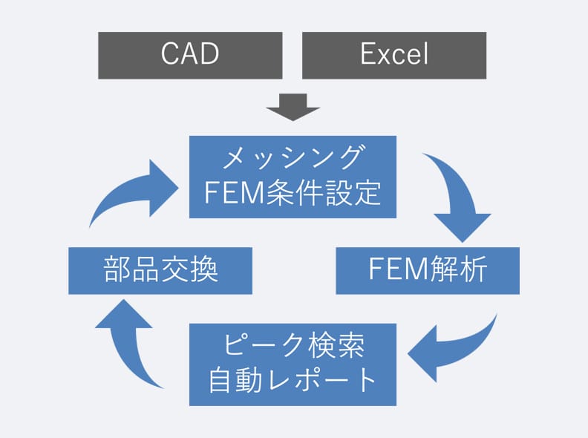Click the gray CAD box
(x=190, y=56)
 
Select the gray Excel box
(x=394, y=56)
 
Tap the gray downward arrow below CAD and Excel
(x=293, y=107)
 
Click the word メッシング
(x=293, y=157)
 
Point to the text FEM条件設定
(x=293, y=193)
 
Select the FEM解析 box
(x=428, y=271)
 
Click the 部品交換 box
(x=160, y=271)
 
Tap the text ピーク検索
(x=293, y=345)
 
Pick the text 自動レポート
(x=293, y=380)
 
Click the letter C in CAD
(x=169, y=53)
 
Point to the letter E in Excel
(x=367, y=53)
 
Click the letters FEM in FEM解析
(x=399, y=269)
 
